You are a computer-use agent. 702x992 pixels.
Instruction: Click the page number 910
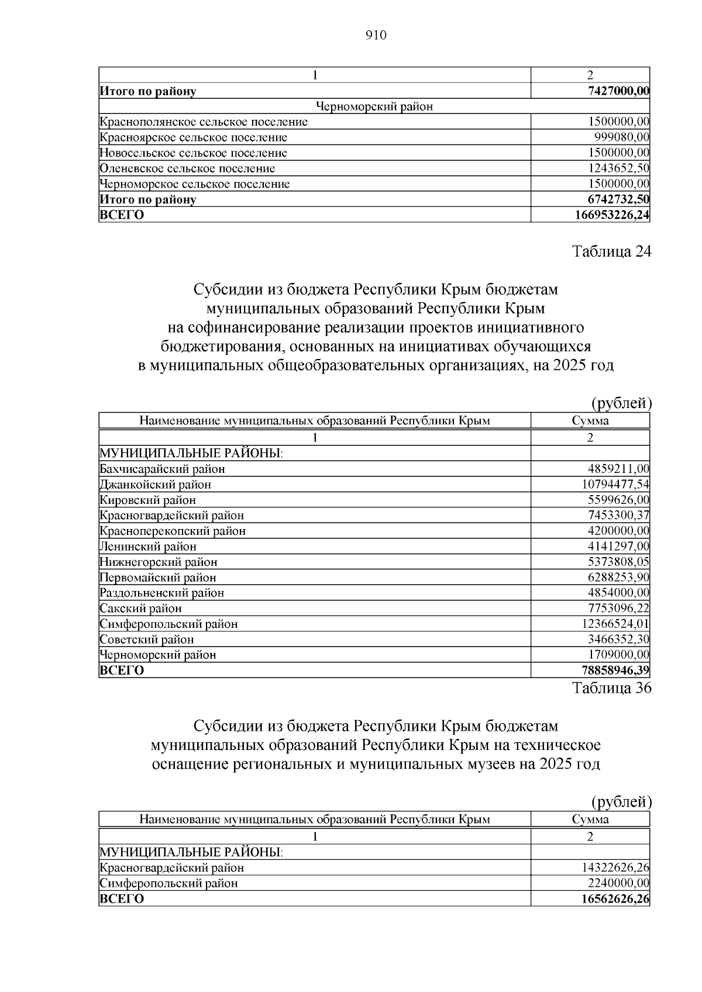pyautogui.click(x=376, y=36)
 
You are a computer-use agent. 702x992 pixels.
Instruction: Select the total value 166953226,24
pyautogui.click(x=612, y=215)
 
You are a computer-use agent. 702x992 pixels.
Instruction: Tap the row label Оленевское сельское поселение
pyautogui.click(x=187, y=168)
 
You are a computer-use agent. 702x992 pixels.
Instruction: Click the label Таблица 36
pyautogui.click(x=611, y=687)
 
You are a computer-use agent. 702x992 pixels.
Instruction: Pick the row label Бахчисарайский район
pyautogui.click(x=162, y=469)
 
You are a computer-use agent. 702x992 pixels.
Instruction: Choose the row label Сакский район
pyautogui.click(x=140, y=608)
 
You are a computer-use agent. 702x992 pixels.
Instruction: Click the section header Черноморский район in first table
pyautogui.click(x=374, y=106)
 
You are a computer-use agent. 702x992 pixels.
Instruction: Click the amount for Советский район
pyautogui.click(x=618, y=639)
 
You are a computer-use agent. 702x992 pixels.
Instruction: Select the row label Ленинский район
pyautogui.click(x=148, y=547)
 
